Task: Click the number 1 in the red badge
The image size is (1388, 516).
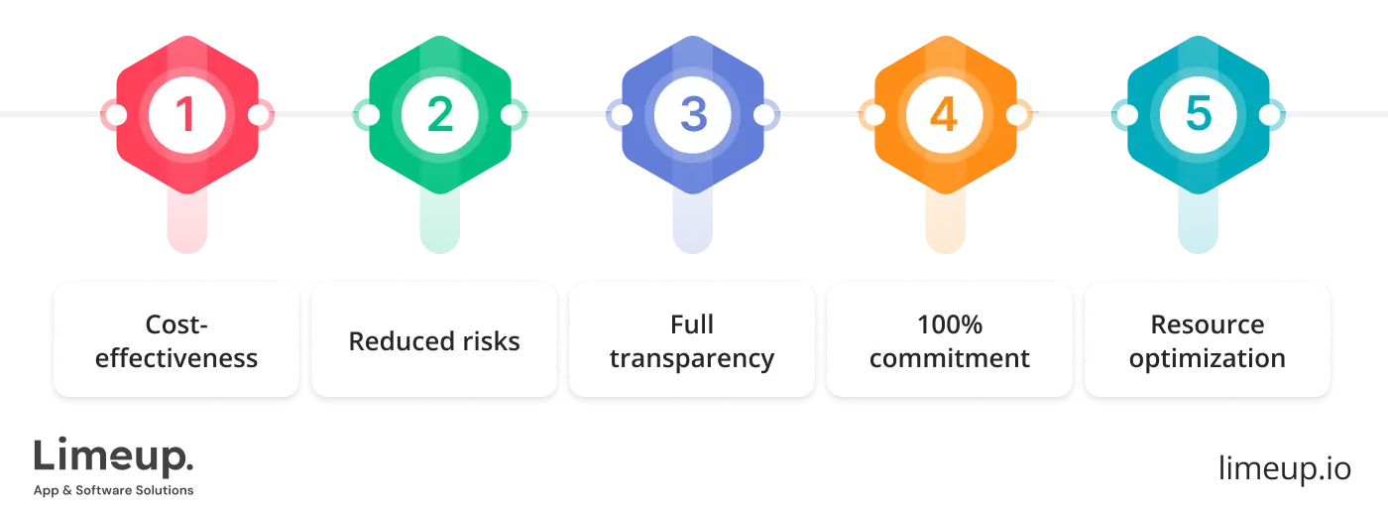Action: point(185,115)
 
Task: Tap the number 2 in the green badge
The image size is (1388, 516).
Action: point(439,115)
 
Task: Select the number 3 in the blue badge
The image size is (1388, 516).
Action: point(693,115)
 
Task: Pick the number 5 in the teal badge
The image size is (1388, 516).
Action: point(1199,115)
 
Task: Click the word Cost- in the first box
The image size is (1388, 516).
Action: point(176,324)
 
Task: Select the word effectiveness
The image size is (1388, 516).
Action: point(176,358)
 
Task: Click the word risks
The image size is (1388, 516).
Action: point(487,341)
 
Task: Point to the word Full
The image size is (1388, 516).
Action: point(692,324)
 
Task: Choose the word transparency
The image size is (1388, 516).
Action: point(692,358)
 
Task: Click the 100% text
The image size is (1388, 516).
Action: point(949,324)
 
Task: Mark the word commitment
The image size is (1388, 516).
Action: point(949,358)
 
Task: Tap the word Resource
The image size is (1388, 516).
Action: point(1207,324)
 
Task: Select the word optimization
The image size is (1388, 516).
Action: point(1207,358)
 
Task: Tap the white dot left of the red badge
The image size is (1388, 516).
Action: point(115,115)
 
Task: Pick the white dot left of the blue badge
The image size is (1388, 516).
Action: point(622,115)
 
